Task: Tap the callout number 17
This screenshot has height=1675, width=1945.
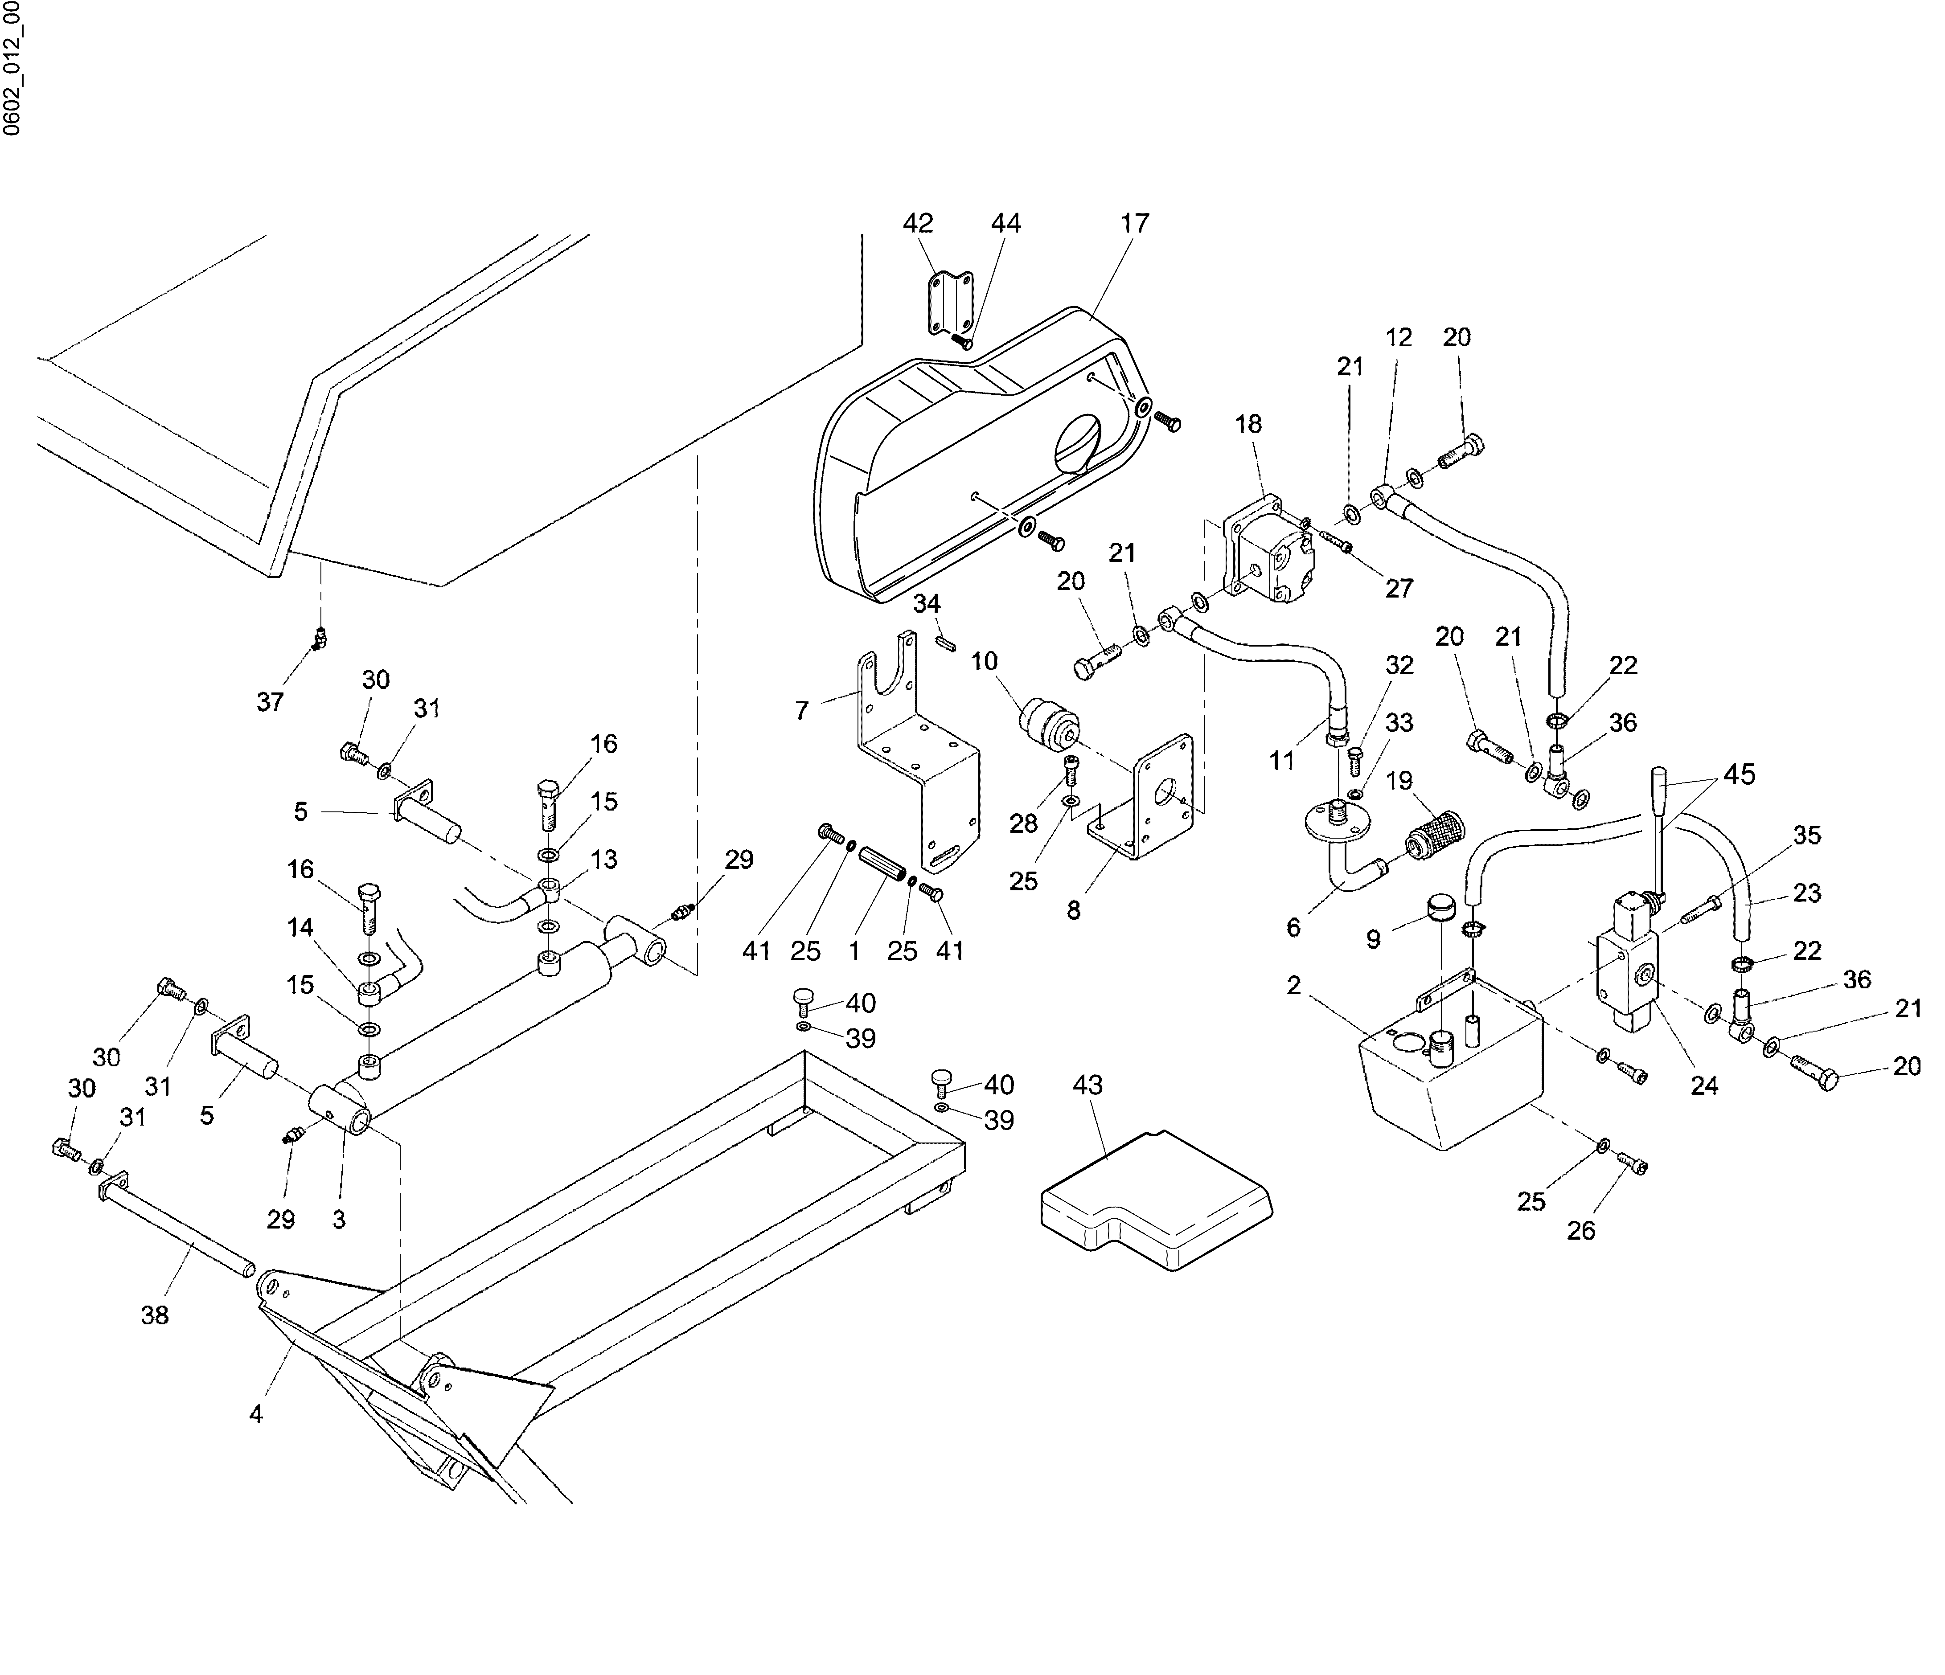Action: [x=1135, y=223]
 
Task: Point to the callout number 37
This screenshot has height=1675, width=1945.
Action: [x=271, y=702]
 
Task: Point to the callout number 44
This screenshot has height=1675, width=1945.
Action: [x=1005, y=223]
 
